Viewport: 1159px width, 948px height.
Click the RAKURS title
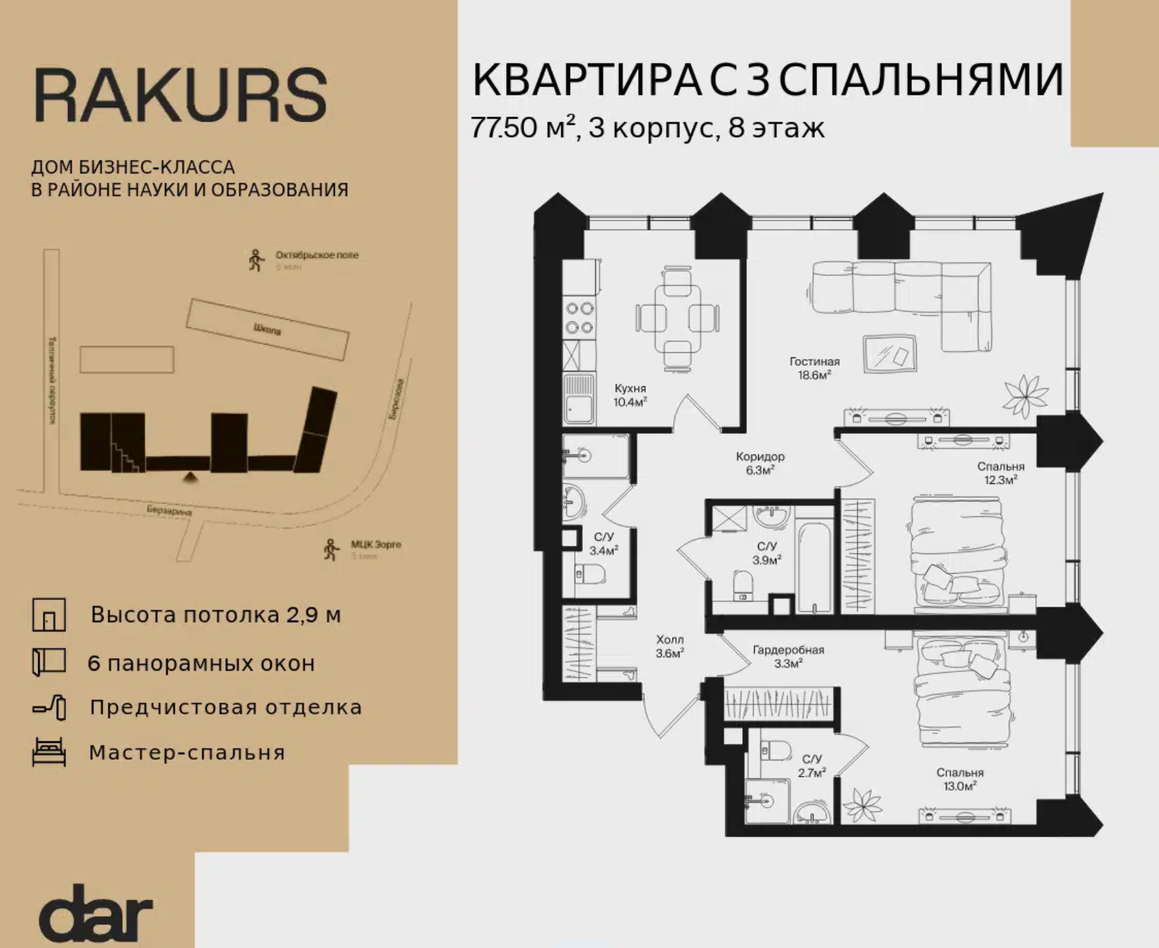(x=180, y=96)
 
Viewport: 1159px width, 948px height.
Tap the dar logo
(x=95, y=912)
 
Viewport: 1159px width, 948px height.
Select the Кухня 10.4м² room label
(x=630, y=395)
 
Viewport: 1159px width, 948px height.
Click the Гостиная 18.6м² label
(x=814, y=369)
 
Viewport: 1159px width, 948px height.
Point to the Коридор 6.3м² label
(x=760, y=463)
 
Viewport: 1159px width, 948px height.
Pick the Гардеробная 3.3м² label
(x=788, y=657)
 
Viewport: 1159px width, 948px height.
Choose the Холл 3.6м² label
(x=670, y=647)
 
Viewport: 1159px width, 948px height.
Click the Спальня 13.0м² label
(x=960, y=779)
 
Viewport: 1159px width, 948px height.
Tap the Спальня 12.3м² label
(x=1000, y=473)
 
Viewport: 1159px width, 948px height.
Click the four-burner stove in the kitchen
(x=580, y=317)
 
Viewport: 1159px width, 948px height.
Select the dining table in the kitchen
(x=677, y=318)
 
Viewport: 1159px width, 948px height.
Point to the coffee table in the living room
(x=891, y=353)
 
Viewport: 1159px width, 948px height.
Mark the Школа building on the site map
(x=267, y=329)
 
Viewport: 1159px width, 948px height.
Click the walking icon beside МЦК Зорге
(x=331, y=550)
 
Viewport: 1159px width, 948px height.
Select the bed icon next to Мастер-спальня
(x=49, y=752)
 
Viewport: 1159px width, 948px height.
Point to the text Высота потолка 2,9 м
(x=216, y=615)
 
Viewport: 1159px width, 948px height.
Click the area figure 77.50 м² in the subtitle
(x=523, y=128)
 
